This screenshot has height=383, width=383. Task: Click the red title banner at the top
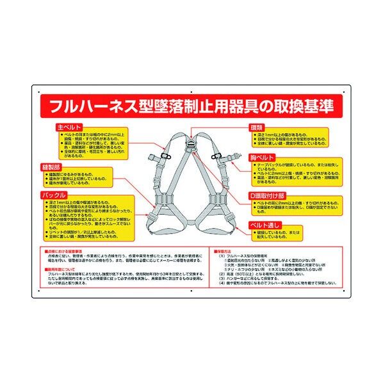tap(191, 104)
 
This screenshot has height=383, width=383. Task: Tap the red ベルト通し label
tap(265, 225)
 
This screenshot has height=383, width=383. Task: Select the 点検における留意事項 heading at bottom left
tap(65, 251)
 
